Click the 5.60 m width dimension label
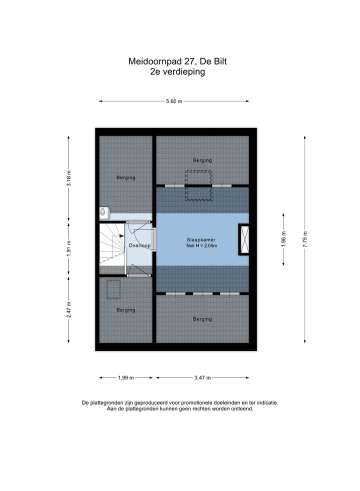[174, 101]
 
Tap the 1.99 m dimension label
[125, 378]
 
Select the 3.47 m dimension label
[202, 378]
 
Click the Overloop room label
[139, 245]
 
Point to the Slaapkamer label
[202, 239]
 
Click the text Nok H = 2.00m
[202, 246]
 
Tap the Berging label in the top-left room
[125, 177]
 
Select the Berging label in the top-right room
[202, 160]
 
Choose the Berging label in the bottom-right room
[202, 319]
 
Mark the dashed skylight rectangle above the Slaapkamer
[198, 185]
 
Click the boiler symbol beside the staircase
[104, 213]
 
